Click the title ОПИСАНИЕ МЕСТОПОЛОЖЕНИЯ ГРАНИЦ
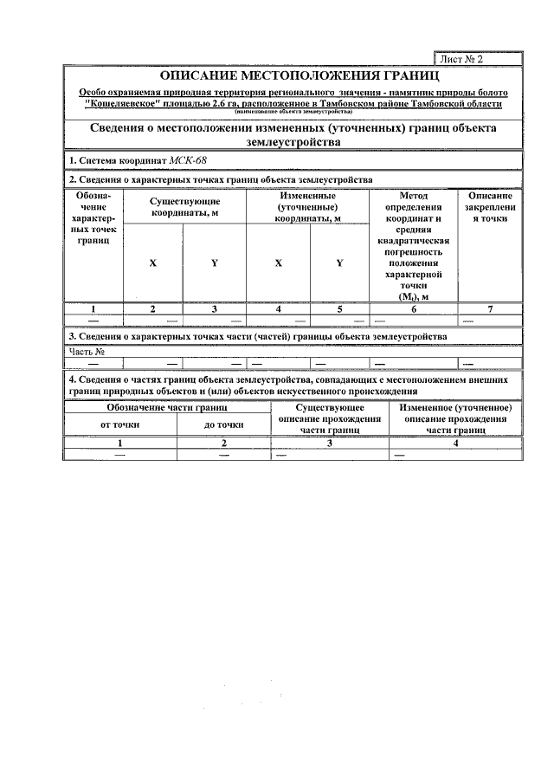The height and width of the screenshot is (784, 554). [x=293, y=77]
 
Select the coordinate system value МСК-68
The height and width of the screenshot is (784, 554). [x=188, y=160]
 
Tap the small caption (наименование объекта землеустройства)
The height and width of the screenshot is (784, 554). [x=293, y=113]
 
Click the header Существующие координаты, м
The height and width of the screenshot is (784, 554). [x=184, y=206]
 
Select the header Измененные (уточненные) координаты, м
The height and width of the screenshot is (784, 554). [x=308, y=207]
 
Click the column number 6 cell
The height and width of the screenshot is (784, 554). [x=413, y=308]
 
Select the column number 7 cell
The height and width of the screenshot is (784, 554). [x=489, y=308]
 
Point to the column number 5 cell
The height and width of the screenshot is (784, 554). [x=339, y=308]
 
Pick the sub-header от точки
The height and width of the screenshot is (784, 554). [x=120, y=424]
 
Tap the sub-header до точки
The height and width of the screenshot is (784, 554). [x=223, y=424]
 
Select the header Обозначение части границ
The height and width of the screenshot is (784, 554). [x=167, y=406]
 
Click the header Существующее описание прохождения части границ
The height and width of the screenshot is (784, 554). [x=330, y=418]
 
